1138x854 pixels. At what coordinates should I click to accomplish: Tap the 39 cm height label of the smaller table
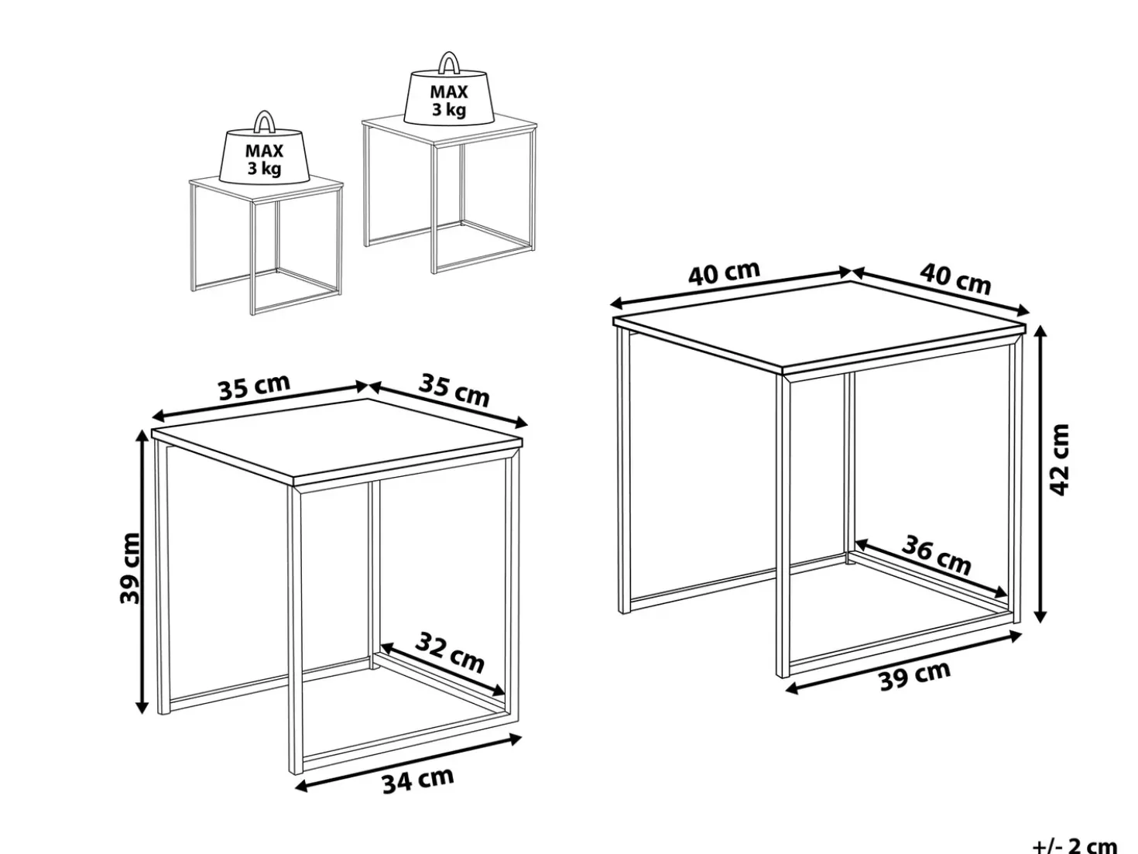tap(129, 569)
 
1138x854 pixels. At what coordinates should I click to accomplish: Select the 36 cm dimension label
tap(935, 555)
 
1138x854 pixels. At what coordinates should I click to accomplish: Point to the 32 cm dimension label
tap(450, 652)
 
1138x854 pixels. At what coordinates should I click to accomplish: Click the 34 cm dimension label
tap(418, 780)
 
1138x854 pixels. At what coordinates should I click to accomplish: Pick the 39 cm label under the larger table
tap(915, 675)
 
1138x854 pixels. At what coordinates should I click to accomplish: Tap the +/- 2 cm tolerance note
tap(1082, 844)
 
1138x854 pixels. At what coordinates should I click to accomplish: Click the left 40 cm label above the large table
tap(724, 273)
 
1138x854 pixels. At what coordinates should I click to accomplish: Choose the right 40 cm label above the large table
tap(955, 279)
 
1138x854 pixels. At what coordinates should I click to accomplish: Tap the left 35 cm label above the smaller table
tap(254, 387)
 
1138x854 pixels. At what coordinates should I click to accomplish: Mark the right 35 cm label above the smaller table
tap(454, 390)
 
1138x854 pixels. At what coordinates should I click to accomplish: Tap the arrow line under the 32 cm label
tap(443, 670)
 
